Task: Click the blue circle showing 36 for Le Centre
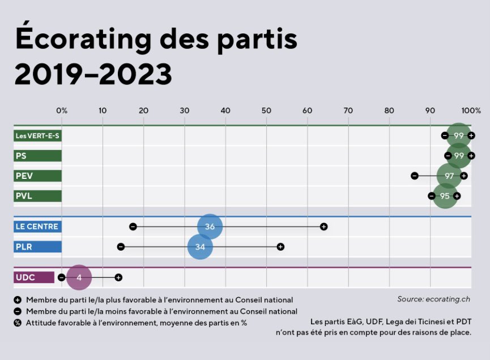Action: coord(210,226)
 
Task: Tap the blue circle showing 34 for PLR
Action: coord(200,247)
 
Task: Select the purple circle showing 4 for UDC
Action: coord(79,277)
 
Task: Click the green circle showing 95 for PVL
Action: coord(445,196)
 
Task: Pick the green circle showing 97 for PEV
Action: coord(449,176)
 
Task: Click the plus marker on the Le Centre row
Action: coord(323,226)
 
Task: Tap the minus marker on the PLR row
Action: coord(121,247)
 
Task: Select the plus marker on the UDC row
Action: coord(118,277)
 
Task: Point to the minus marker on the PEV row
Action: coord(415,176)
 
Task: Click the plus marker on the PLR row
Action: coord(280,247)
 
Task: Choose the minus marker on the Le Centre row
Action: coord(133,226)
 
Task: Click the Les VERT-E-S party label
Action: coord(37,136)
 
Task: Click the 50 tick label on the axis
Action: coord(266,110)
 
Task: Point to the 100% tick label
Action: coord(471,110)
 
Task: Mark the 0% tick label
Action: coord(62,110)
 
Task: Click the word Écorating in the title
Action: coord(84,40)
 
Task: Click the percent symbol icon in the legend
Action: coord(18,323)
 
